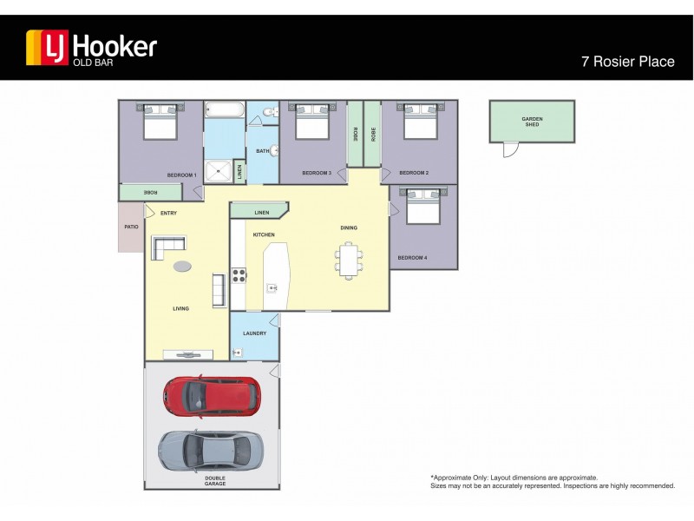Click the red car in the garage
coord(211,396)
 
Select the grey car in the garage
coord(210,450)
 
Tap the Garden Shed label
coord(532,122)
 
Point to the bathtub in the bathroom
coord(225,110)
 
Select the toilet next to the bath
coord(269,111)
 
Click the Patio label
coord(131,228)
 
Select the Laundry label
coord(254,333)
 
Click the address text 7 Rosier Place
coord(627,62)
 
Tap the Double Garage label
coord(215,480)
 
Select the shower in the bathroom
coord(219,169)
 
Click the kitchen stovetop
coord(239,278)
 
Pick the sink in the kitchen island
coord(272,287)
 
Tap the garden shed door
coord(512,150)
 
